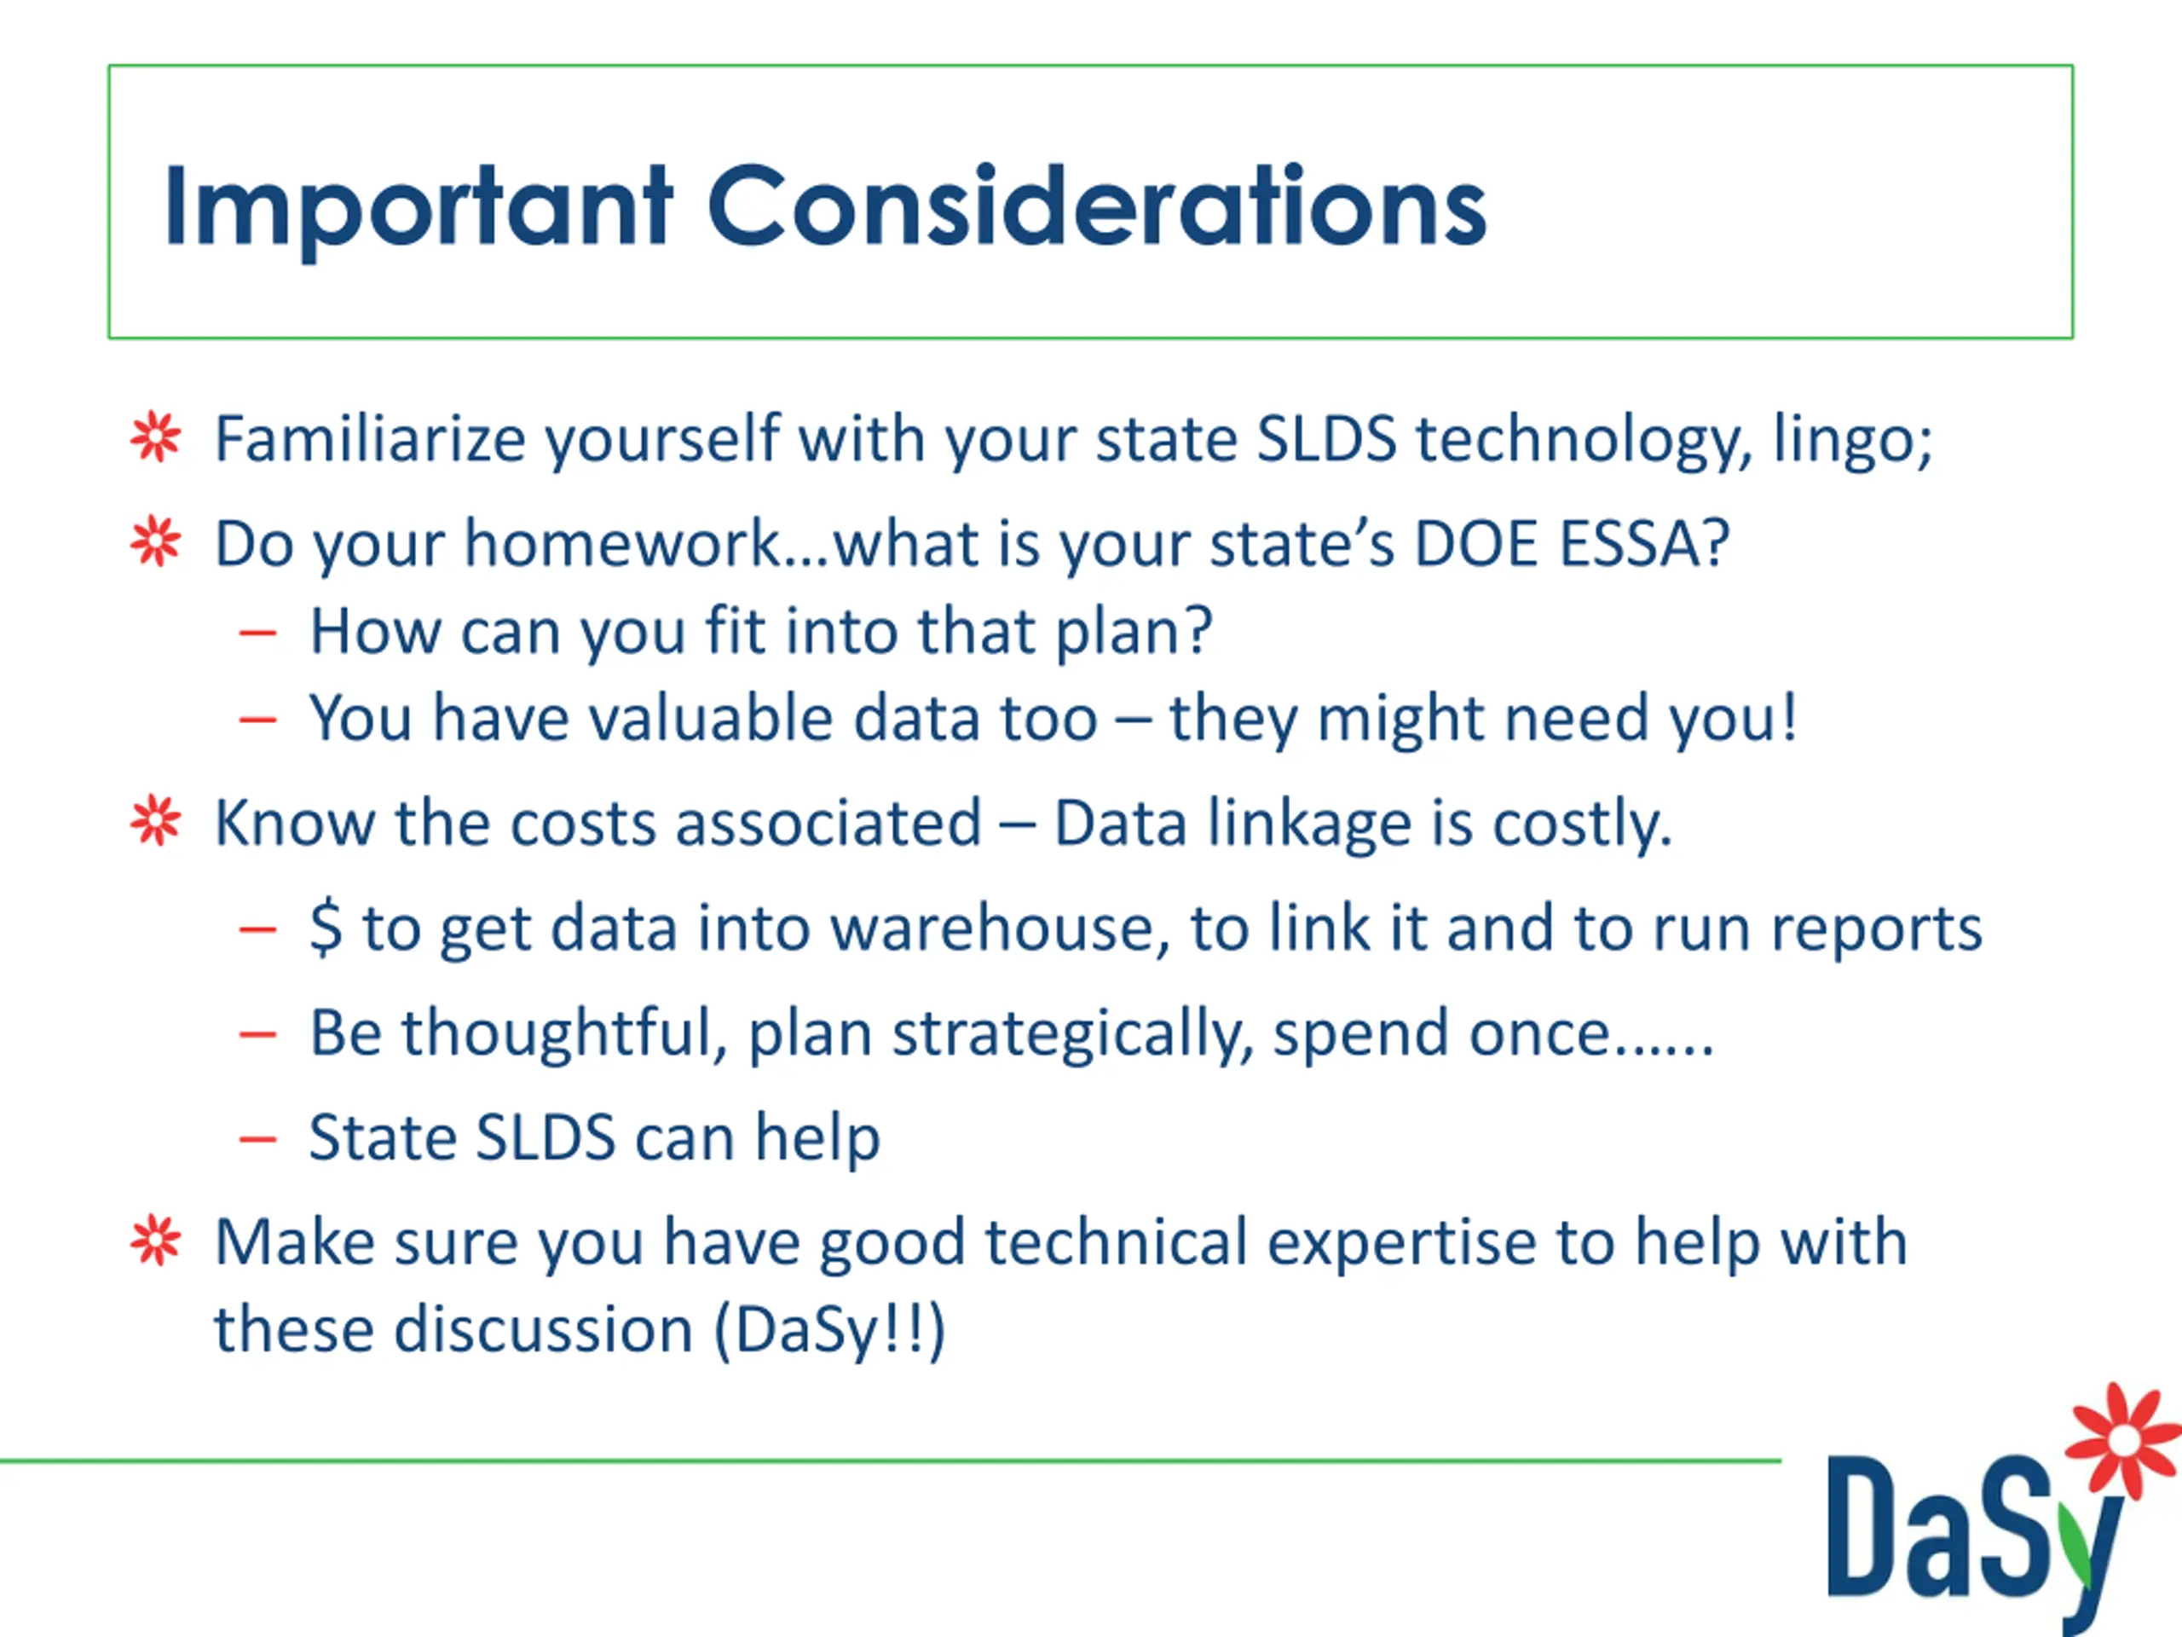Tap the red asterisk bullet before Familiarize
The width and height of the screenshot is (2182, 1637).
click(x=156, y=437)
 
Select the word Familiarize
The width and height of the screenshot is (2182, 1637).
click(x=371, y=438)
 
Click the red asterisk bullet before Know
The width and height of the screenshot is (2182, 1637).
click(x=156, y=821)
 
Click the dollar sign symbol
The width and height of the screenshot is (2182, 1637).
click(x=326, y=928)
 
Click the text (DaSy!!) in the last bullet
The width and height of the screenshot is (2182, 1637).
click(x=829, y=1331)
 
